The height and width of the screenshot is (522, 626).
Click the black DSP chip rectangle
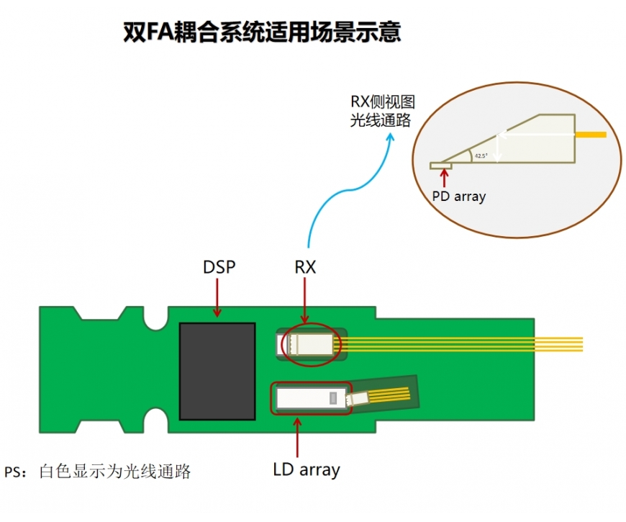[x=217, y=371]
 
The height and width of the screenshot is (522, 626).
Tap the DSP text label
[x=219, y=267]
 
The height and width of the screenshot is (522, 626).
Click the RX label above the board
[x=305, y=267]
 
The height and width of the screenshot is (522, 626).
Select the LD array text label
[x=307, y=469]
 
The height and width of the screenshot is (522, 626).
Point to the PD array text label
[x=459, y=197]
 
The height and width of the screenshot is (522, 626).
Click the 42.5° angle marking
[x=481, y=156]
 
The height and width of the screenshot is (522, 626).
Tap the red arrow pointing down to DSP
[x=217, y=297]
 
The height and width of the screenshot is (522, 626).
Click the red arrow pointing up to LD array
[x=297, y=437]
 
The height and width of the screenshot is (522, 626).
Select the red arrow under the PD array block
[x=444, y=179]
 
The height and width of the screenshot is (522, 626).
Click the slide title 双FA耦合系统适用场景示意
[x=262, y=32]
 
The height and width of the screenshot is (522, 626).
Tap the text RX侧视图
[x=383, y=102]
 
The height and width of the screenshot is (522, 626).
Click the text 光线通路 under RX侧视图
[x=381, y=120]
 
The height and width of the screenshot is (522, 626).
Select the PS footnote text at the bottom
[x=97, y=472]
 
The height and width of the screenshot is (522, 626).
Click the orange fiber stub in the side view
[x=591, y=135]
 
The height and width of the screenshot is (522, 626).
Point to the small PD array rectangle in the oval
[x=441, y=166]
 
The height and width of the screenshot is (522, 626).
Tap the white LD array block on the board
[x=312, y=398]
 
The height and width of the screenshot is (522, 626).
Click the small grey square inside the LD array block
[x=332, y=398]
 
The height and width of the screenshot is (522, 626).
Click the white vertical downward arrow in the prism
[x=497, y=148]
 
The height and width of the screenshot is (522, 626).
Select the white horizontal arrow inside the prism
[x=537, y=135]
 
